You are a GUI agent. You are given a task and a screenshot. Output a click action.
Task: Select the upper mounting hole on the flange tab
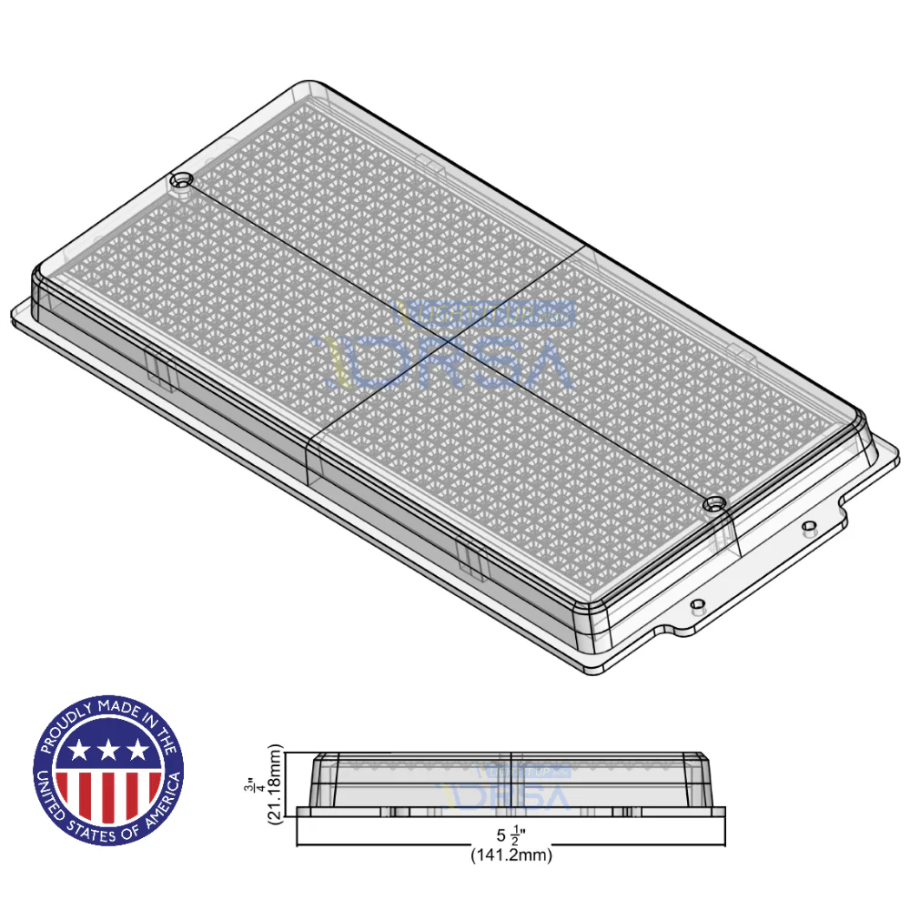(x=809, y=526)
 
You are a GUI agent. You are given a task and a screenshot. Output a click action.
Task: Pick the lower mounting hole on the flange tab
(x=697, y=603)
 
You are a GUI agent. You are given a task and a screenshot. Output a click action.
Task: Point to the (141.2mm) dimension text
(x=511, y=855)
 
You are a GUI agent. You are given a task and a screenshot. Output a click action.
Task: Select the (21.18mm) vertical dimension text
(x=274, y=784)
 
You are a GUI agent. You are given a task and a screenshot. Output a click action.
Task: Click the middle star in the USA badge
(x=108, y=751)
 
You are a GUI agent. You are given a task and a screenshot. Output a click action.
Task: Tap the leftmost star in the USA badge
(x=79, y=751)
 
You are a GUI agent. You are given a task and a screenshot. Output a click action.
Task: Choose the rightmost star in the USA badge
(x=137, y=751)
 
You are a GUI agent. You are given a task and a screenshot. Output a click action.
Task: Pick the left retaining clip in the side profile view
(x=398, y=810)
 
